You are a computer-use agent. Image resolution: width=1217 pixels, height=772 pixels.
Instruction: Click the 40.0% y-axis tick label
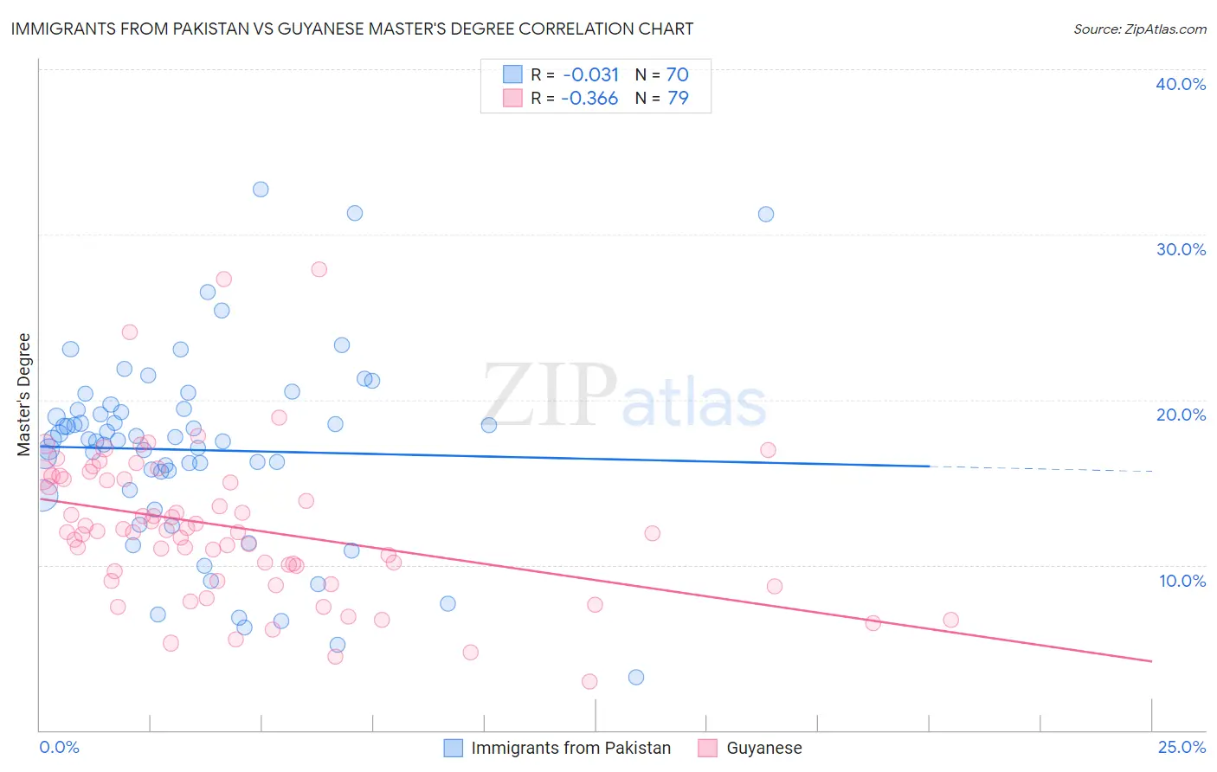1180,84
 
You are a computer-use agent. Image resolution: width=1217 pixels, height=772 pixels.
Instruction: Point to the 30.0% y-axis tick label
1180,249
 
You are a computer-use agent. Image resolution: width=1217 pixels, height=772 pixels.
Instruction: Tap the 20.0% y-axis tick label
1180,415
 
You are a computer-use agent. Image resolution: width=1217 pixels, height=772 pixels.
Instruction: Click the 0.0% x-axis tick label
59,747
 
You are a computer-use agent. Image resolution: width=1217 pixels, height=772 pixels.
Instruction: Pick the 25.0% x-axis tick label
1181,747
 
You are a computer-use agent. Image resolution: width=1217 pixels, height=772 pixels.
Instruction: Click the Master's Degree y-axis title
24,395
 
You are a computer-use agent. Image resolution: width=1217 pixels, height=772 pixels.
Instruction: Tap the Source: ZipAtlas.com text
1139,29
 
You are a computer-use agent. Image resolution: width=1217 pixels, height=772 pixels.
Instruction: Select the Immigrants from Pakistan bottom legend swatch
454,748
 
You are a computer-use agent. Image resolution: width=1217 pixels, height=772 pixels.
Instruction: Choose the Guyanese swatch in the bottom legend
708,748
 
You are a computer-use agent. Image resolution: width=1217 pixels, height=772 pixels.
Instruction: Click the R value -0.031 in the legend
591,74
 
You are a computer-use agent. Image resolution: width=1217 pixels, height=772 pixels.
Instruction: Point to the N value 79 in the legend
678,99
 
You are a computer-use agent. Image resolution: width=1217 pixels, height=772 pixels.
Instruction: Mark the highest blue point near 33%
261,190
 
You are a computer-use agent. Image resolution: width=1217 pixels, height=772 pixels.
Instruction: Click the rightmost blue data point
766,214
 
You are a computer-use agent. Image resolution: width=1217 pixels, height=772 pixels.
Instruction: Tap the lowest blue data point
636,677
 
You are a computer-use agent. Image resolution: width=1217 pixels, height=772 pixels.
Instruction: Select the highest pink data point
319,269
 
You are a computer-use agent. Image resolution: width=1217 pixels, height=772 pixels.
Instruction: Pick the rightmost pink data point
950,620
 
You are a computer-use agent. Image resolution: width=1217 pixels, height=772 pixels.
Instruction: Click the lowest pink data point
589,681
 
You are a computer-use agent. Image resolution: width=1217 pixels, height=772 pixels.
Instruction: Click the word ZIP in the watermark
549,396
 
